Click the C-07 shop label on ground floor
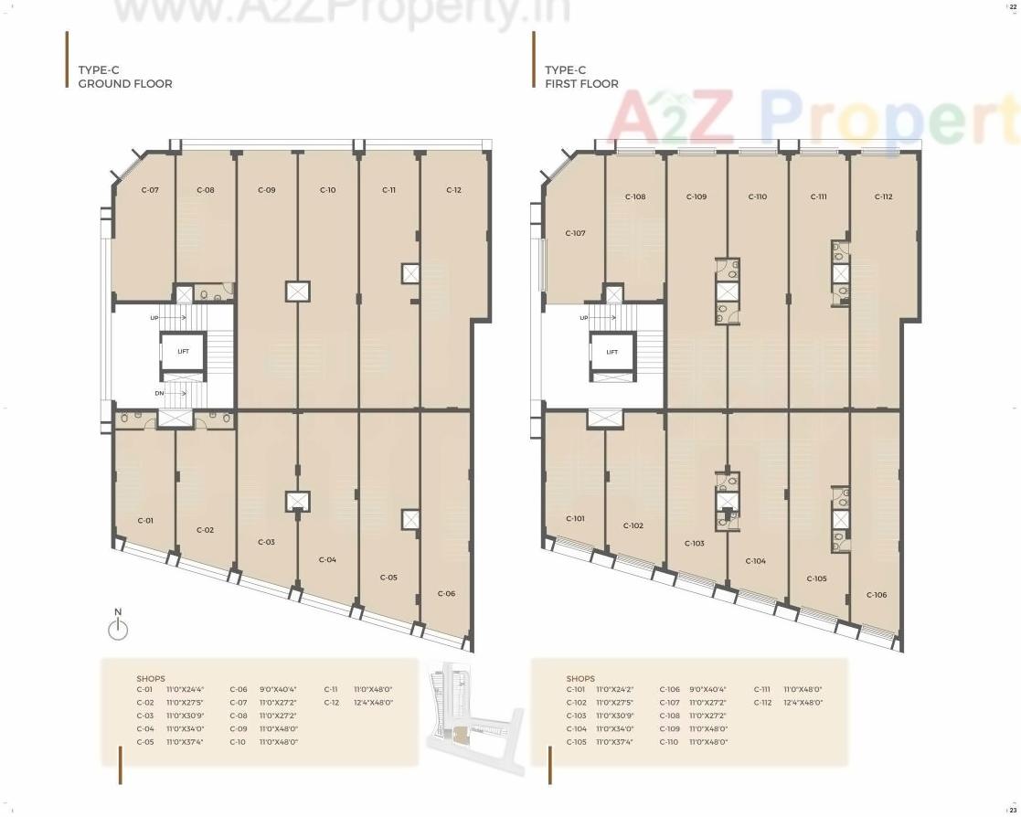pyautogui.click(x=150, y=190)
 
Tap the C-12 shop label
pyautogui.click(x=453, y=190)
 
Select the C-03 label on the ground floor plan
pyautogui.click(x=266, y=542)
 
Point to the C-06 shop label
pyautogui.click(x=446, y=593)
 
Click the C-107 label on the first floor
pyautogui.click(x=575, y=233)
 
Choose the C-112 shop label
pyautogui.click(x=883, y=196)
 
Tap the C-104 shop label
pyautogui.click(x=755, y=561)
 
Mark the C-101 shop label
pyautogui.click(x=575, y=518)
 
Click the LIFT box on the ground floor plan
pyautogui.click(x=183, y=351)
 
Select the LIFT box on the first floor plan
pyautogui.click(x=612, y=351)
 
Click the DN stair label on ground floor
pyautogui.click(x=159, y=393)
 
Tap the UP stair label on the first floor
pyautogui.click(x=584, y=318)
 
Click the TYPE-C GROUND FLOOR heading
pyautogui.click(x=124, y=77)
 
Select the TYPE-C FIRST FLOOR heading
pyautogui.click(x=581, y=77)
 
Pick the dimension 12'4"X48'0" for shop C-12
pyautogui.click(x=373, y=703)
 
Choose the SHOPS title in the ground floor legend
pyautogui.click(x=151, y=679)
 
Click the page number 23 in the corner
pyautogui.click(x=1012, y=808)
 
